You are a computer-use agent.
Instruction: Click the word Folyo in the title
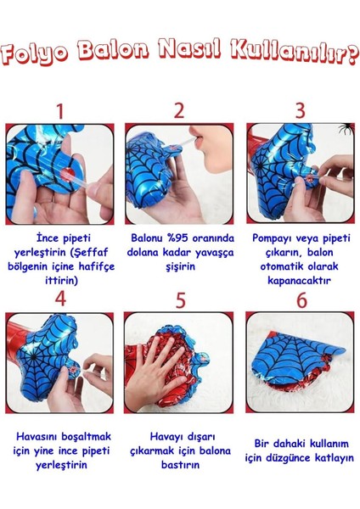pos(34,53)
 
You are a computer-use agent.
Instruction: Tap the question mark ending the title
pos(352,55)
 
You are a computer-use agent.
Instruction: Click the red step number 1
pos(59,112)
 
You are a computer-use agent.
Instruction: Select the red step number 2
pos(179,111)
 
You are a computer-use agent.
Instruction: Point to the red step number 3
pos(301,110)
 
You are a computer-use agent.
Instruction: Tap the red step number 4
pos(61,299)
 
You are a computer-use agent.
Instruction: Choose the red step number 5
pos(181,300)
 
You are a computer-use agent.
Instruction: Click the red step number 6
pos(302,300)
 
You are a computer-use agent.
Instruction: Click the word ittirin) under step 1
pos(61,280)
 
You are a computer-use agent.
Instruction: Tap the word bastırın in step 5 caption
pos(180,465)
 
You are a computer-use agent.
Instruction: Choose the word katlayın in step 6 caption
pos(335,458)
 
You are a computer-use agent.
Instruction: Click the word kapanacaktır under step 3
pos(299,281)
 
